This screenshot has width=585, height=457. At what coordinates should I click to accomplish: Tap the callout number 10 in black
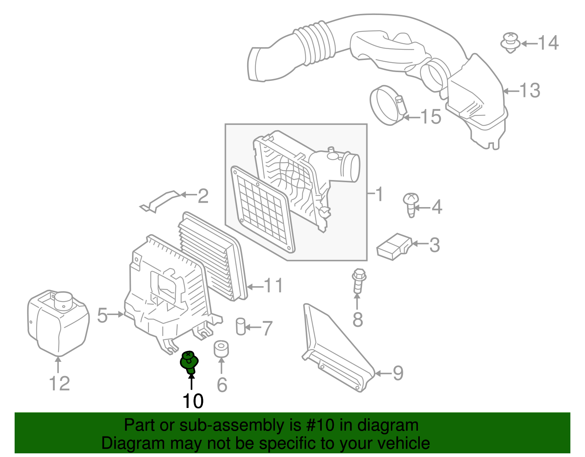pyautogui.click(x=193, y=401)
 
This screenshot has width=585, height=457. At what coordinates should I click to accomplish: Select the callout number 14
pyautogui.click(x=548, y=43)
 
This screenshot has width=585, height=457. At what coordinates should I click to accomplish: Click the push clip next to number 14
pyautogui.click(x=510, y=42)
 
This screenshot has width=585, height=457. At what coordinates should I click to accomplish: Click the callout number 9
pyautogui.click(x=398, y=373)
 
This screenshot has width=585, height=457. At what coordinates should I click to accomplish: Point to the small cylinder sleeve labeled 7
pyautogui.click(x=240, y=326)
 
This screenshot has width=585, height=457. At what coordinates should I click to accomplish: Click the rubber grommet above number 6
pyautogui.click(x=221, y=349)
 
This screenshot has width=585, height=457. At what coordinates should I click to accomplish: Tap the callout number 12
pyautogui.click(x=59, y=383)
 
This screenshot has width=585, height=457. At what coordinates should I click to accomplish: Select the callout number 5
pyautogui.click(x=102, y=315)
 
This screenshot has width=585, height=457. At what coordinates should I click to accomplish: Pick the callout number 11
pyautogui.click(x=273, y=286)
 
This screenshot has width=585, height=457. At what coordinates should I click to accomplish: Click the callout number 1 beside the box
pyautogui.click(x=379, y=194)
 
